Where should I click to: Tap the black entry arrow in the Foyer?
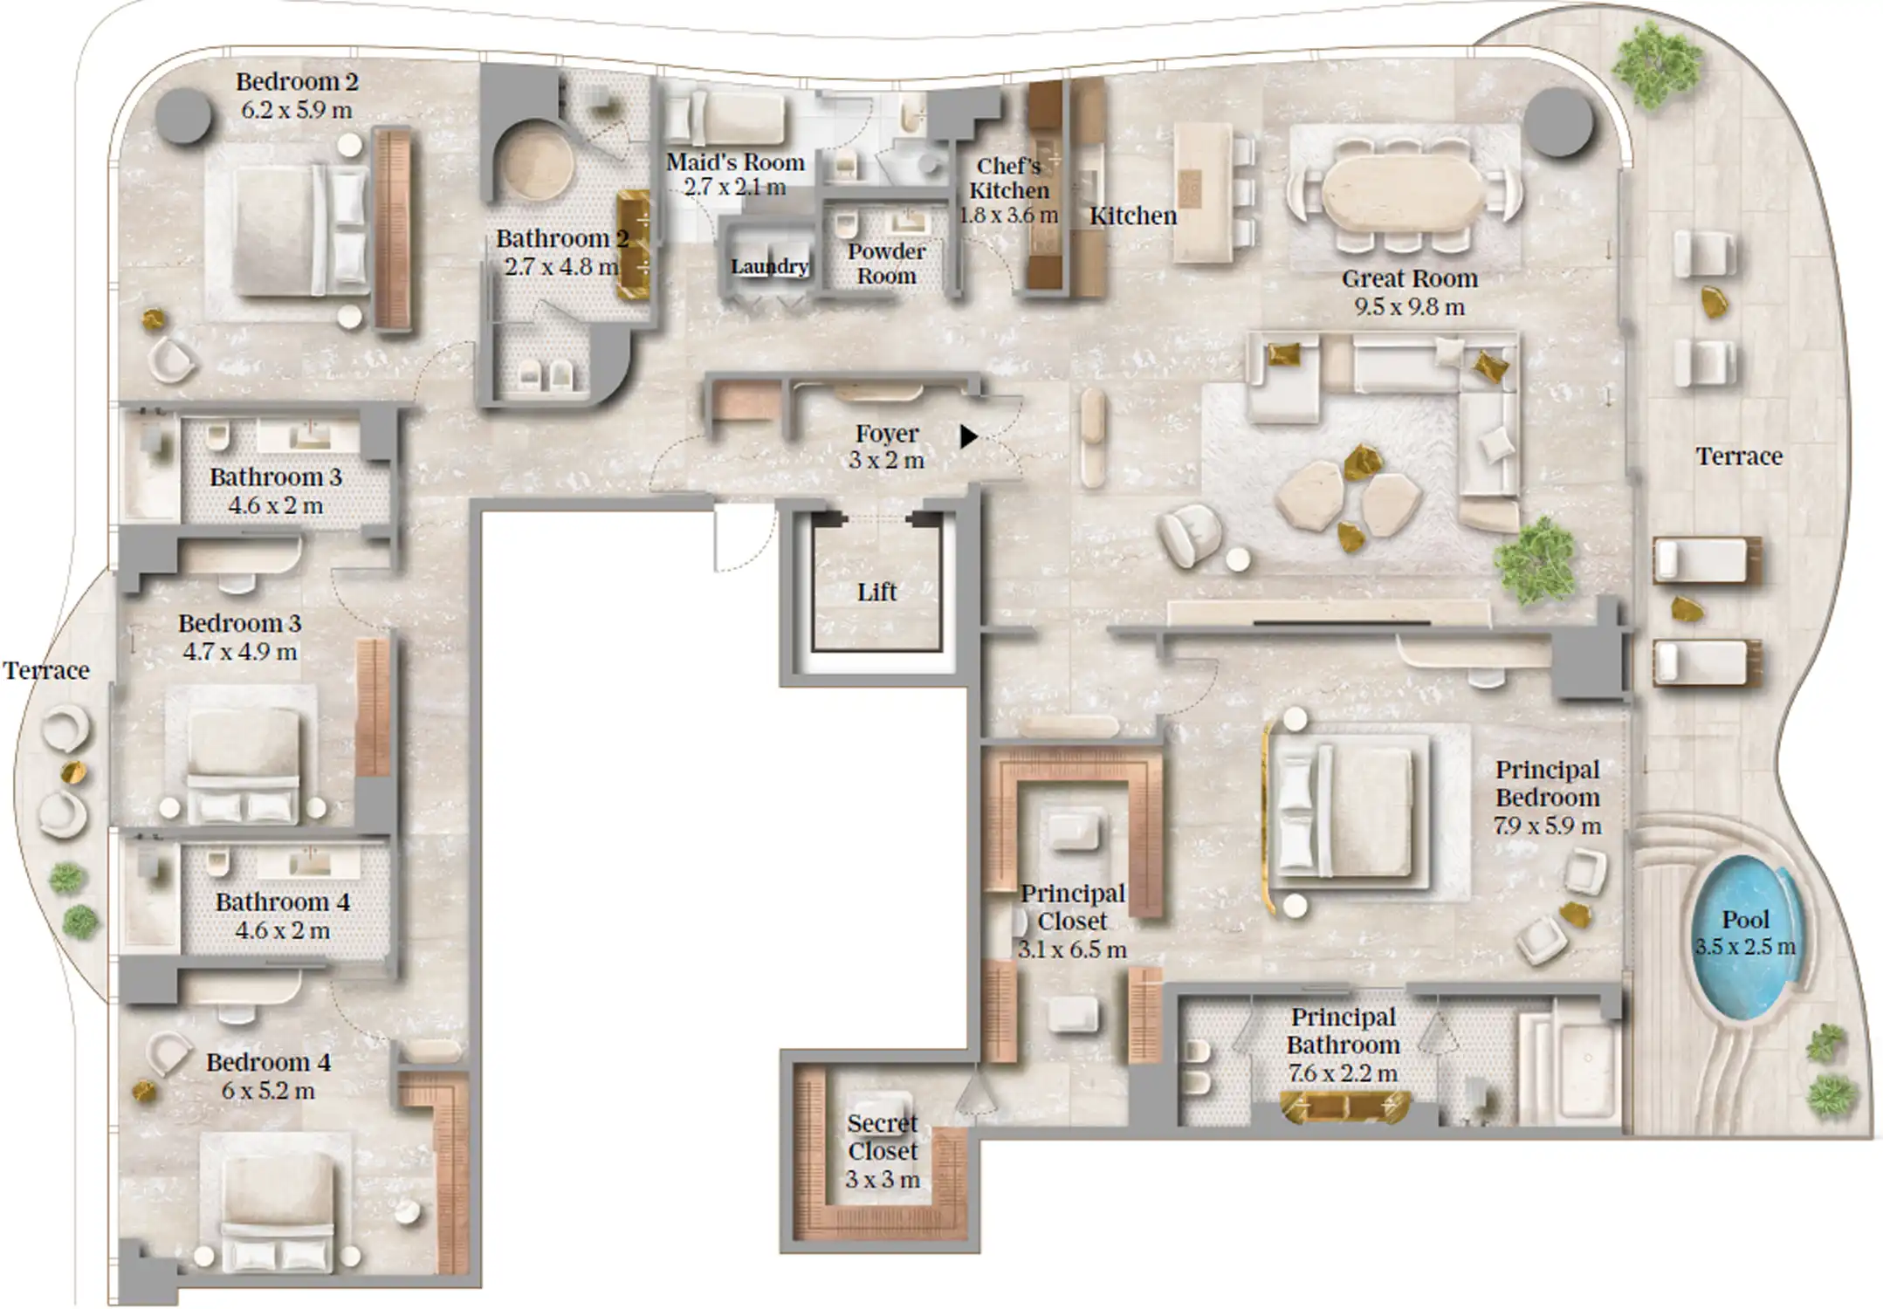pos(968,436)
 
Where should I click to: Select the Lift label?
pos(876,592)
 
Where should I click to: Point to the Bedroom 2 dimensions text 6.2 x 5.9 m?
pos(296,111)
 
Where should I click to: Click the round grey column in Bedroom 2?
pos(184,115)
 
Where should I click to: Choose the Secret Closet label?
pos(883,1137)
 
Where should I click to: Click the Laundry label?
pos(769,266)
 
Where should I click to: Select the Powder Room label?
pos(886,264)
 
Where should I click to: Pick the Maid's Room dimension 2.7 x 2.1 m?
pos(735,187)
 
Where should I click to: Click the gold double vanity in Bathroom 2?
pos(634,245)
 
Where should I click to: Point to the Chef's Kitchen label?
pos(1009,178)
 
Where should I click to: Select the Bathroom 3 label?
pos(276,477)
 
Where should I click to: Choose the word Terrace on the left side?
pos(46,670)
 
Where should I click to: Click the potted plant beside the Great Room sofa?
pos(1535,562)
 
